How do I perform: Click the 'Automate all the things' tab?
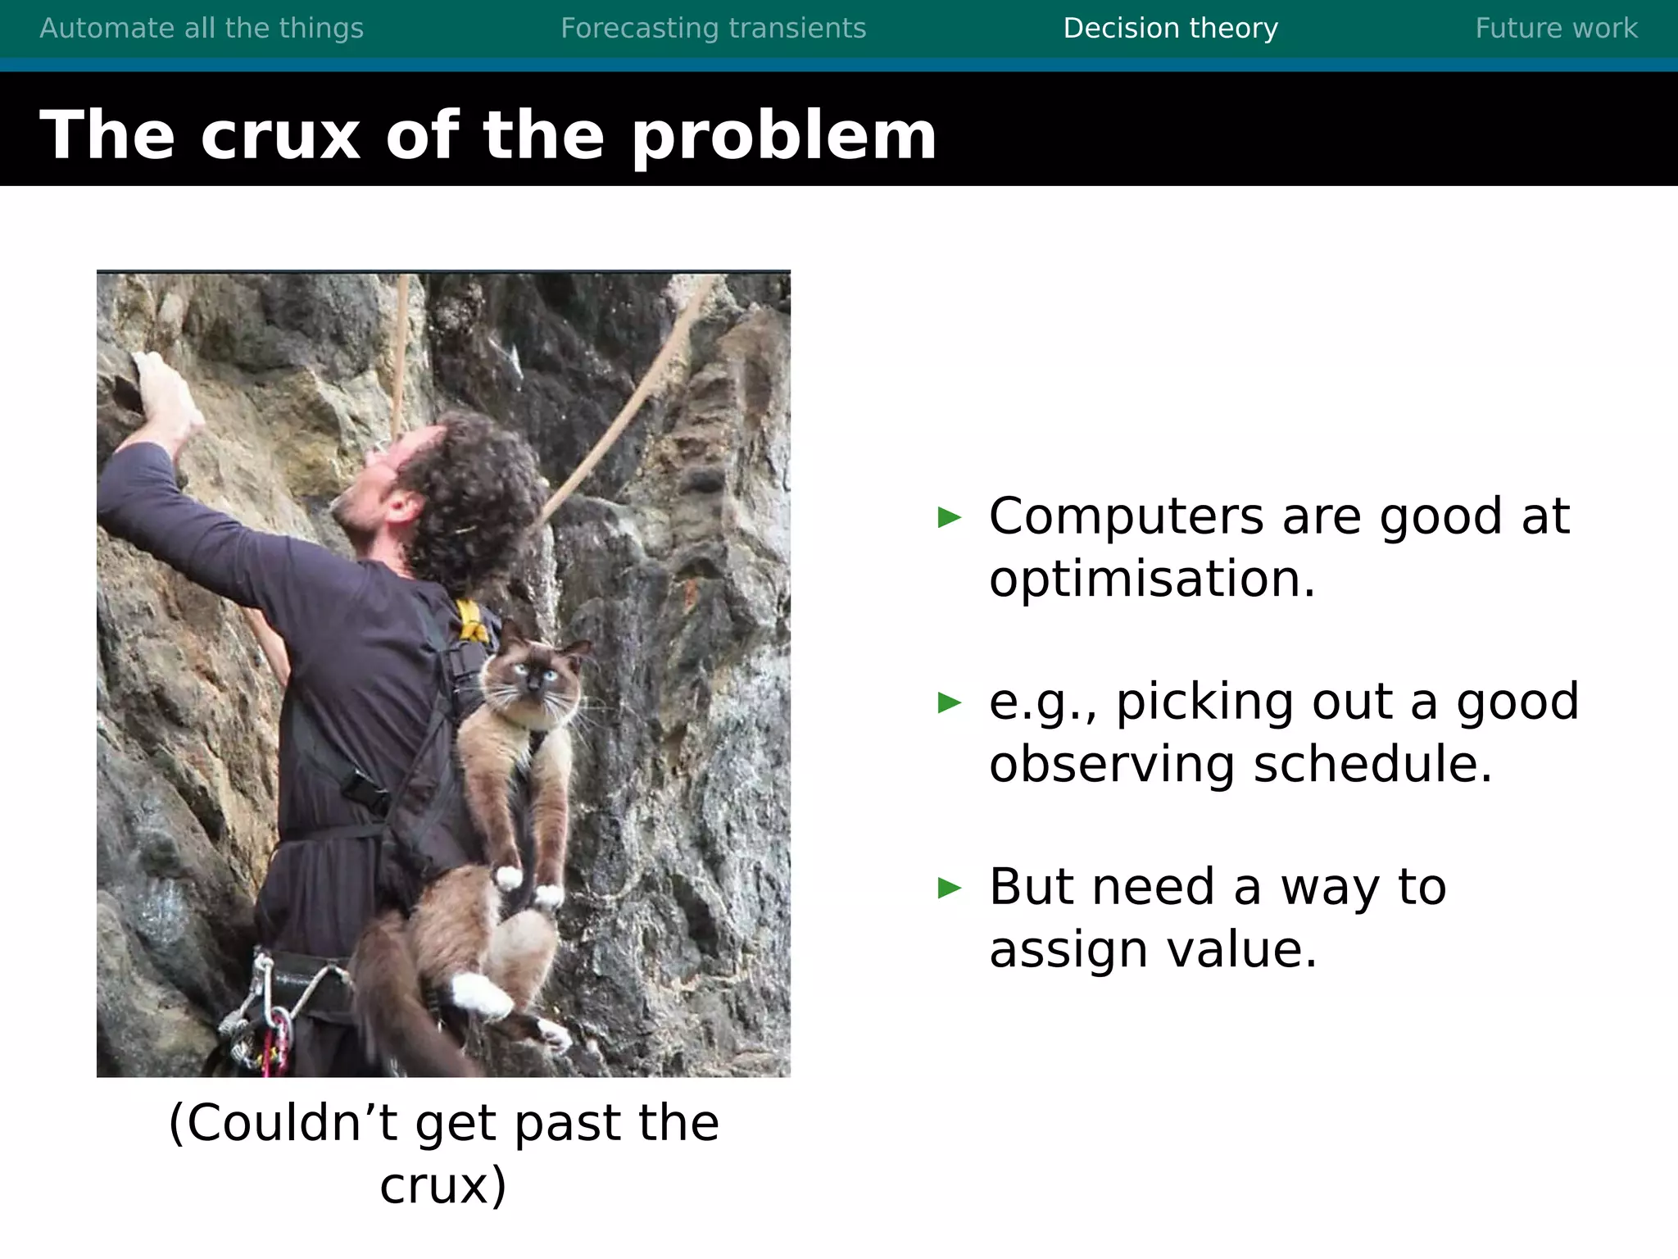coord(202,29)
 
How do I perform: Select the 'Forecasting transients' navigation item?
coord(713,29)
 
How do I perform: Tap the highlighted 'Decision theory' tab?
coord(1170,29)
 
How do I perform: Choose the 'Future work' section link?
coord(1556,29)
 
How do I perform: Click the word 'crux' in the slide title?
coord(280,136)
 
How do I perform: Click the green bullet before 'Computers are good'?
coord(949,517)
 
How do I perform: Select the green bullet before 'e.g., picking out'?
coord(949,702)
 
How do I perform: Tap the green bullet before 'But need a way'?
coord(949,888)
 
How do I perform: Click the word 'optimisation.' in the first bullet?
coord(1151,580)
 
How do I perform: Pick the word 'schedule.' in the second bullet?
coord(1373,765)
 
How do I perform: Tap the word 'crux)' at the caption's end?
coord(443,1186)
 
